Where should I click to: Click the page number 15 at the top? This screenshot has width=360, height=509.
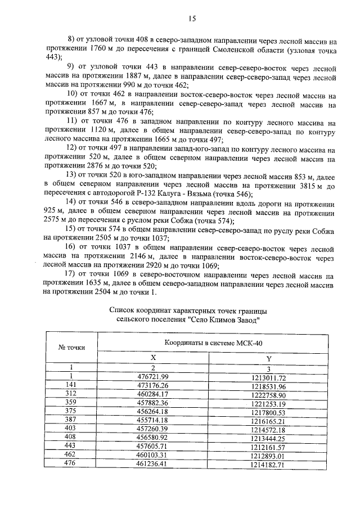(x=191, y=18)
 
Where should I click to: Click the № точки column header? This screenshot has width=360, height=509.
(x=71, y=347)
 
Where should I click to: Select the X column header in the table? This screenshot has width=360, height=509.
(x=153, y=358)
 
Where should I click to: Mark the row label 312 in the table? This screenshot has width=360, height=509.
(x=71, y=395)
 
